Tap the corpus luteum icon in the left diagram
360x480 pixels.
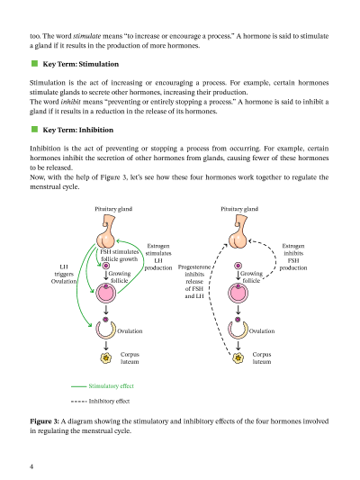tap(106, 358)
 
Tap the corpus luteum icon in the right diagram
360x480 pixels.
tap(238, 358)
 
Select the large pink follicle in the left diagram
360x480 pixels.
tap(106, 293)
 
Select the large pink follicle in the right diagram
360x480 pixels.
tap(238, 293)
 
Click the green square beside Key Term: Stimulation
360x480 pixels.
tap(34, 64)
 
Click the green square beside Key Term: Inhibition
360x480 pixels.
tap(34, 130)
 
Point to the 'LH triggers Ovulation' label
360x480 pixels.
tap(64, 274)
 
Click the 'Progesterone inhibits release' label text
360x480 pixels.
tap(194, 274)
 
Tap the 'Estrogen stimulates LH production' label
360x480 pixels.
tap(158, 257)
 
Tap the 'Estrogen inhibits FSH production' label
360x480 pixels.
tap(293, 257)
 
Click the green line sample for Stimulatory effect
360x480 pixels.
tap(78, 386)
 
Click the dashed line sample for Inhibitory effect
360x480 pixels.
tap(78, 402)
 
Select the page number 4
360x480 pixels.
tap(31, 466)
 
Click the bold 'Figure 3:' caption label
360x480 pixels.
tap(44, 421)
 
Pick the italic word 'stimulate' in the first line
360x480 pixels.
tap(87, 36)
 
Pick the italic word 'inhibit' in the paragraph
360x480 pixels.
tap(71, 102)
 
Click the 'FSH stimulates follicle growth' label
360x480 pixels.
tap(120, 255)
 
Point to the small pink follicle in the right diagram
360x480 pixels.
tap(238, 266)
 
